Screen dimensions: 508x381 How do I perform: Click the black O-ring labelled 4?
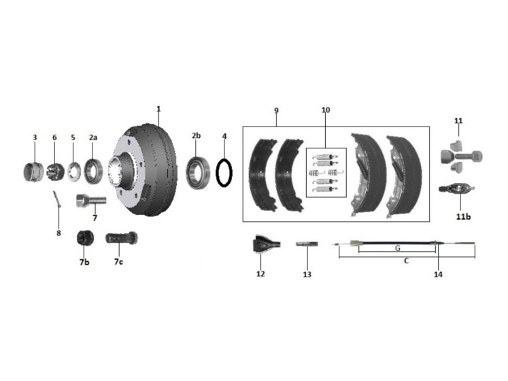coord(217,173)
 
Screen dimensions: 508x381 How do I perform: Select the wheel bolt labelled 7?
coord(90,201)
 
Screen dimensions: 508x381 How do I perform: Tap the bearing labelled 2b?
coord(198,173)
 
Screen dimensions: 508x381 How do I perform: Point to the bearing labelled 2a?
coord(93,171)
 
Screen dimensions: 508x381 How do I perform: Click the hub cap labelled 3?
coord(34,172)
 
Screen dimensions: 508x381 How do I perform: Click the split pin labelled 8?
coord(57,199)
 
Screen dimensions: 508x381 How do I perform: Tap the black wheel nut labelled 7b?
coord(85,238)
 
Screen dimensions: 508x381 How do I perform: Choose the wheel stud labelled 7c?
coord(122,239)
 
